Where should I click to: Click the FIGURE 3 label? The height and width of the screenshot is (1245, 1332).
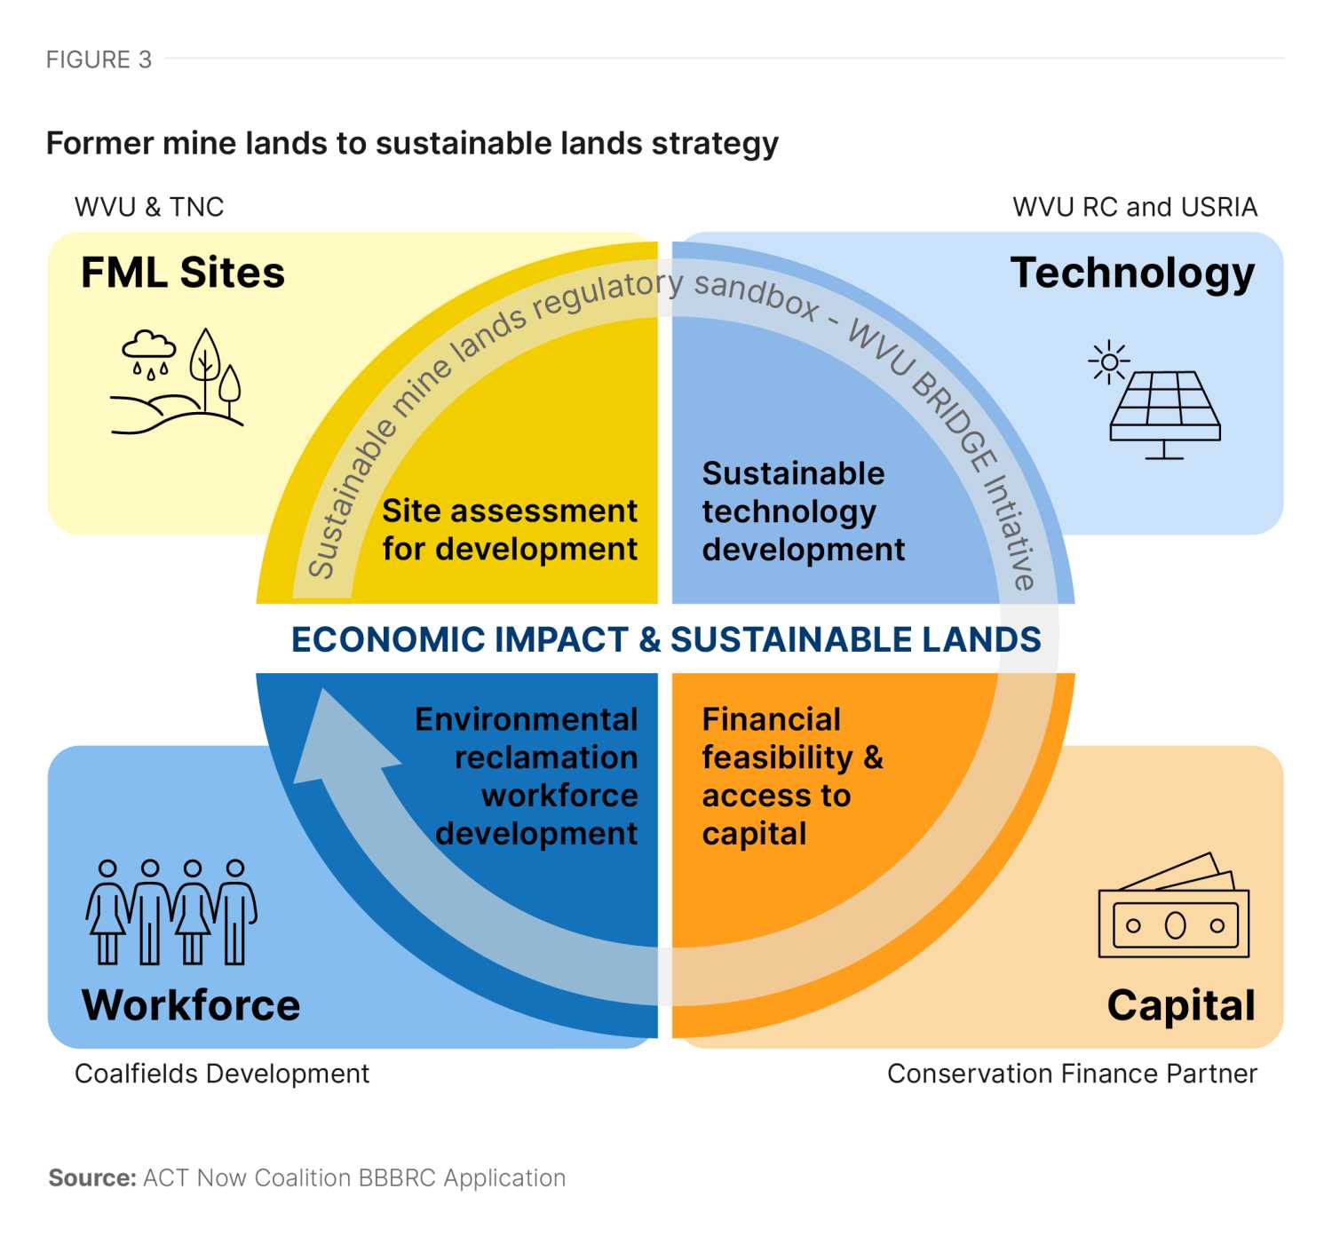click(x=99, y=59)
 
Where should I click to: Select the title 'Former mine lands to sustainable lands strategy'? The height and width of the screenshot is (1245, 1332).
click(x=412, y=143)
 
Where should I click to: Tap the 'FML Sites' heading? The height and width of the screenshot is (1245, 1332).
click(x=183, y=273)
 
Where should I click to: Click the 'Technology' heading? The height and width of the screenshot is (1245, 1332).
click(x=1132, y=273)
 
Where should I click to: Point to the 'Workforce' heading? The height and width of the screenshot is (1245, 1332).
click(x=191, y=1005)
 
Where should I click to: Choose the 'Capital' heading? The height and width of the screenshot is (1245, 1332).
click(x=1181, y=1005)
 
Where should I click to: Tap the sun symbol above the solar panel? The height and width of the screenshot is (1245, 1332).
click(x=1109, y=361)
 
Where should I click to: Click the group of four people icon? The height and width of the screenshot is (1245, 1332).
click(x=170, y=912)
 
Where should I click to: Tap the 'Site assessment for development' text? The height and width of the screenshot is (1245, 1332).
click(x=510, y=530)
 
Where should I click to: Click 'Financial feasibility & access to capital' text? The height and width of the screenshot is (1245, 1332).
click(x=792, y=776)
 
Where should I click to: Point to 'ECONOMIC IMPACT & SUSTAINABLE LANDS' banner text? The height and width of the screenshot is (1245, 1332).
click(x=666, y=639)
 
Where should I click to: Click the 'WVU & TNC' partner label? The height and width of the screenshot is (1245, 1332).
click(x=149, y=207)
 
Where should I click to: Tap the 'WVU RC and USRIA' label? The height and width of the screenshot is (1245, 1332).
click(x=1134, y=207)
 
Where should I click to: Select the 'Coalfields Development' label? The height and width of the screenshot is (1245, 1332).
click(x=222, y=1074)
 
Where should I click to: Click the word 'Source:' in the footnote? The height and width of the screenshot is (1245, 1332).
click(x=92, y=1178)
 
